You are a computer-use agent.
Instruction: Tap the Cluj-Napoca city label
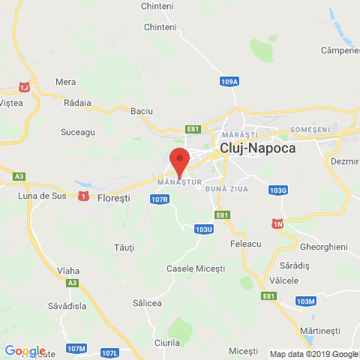click(x=257, y=148)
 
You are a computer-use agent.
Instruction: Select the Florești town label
click(x=114, y=198)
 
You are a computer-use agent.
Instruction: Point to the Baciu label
click(x=141, y=111)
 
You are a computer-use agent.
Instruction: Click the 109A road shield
click(x=230, y=81)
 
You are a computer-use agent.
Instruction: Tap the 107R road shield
click(x=158, y=199)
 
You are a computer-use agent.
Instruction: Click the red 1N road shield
click(x=277, y=224)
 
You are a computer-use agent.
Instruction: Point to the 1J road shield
click(x=25, y=88)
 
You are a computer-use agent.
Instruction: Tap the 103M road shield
click(x=305, y=301)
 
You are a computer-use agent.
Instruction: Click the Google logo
click(x=25, y=350)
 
